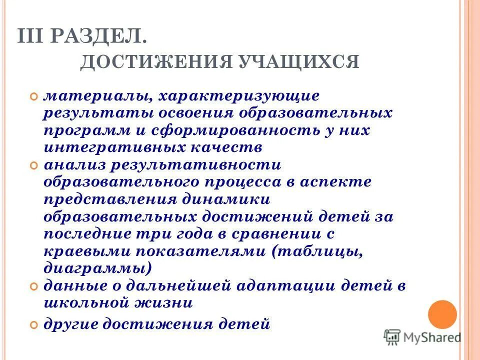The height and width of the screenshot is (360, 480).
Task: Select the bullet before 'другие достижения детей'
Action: point(34,324)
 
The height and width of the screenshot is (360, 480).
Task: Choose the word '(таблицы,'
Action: point(317,251)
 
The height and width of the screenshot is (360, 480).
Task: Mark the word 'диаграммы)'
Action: point(98,268)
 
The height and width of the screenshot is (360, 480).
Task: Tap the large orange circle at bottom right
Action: point(442,314)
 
